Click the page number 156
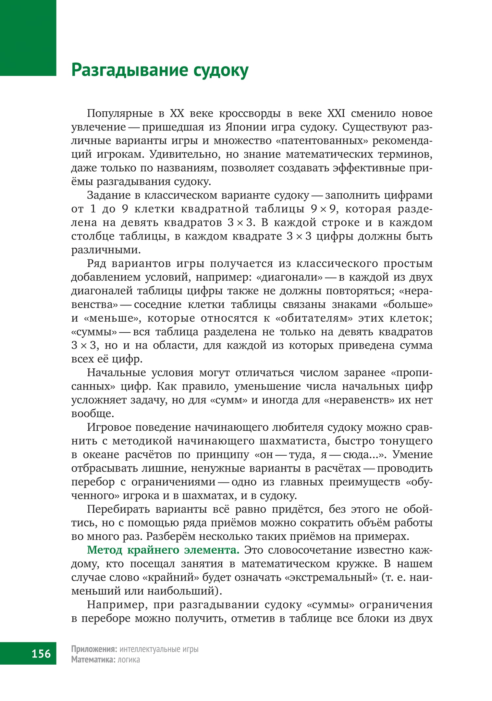pyautogui.click(x=41, y=653)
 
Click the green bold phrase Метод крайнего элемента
pyautogui.click(x=163, y=549)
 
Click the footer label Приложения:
pyautogui.click(x=94, y=649)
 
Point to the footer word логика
pyautogui.click(x=129, y=659)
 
